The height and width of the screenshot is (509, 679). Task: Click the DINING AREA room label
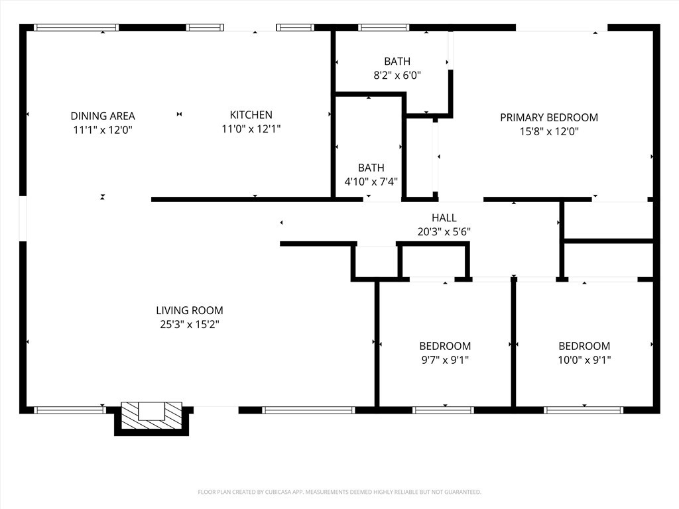coord(103,116)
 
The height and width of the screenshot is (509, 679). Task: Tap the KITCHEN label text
coord(251,115)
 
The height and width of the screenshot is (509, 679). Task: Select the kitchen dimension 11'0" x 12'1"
coord(251,129)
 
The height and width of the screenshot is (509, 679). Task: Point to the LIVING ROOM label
coord(190,310)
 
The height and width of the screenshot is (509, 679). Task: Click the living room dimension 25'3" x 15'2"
coord(190,324)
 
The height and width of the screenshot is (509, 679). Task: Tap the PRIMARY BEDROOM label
coord(549,117)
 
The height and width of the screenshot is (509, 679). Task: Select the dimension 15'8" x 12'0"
coord(549,131)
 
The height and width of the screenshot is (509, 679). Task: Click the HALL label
coord(444,217)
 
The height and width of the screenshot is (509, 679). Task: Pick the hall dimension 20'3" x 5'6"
coord(444,231)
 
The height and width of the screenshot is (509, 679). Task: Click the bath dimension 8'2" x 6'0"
coord(397,76)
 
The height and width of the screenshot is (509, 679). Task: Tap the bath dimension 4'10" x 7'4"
coord(371,182)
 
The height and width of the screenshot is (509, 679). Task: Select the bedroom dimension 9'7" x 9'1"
coord(445,360)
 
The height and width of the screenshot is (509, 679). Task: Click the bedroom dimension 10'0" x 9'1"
coord(584,360)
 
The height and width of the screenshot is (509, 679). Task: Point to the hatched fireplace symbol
coord(152,416)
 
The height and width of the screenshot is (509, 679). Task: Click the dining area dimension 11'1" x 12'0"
coord(103,130)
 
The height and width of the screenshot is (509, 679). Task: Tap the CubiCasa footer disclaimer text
coord(339,492)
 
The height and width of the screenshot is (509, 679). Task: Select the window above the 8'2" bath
coord(384,28)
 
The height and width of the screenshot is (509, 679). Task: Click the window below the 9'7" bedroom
coord(443,410)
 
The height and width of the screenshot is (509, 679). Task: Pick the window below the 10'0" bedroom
coord(584,410)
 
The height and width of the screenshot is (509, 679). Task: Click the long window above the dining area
coord(76,28)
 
